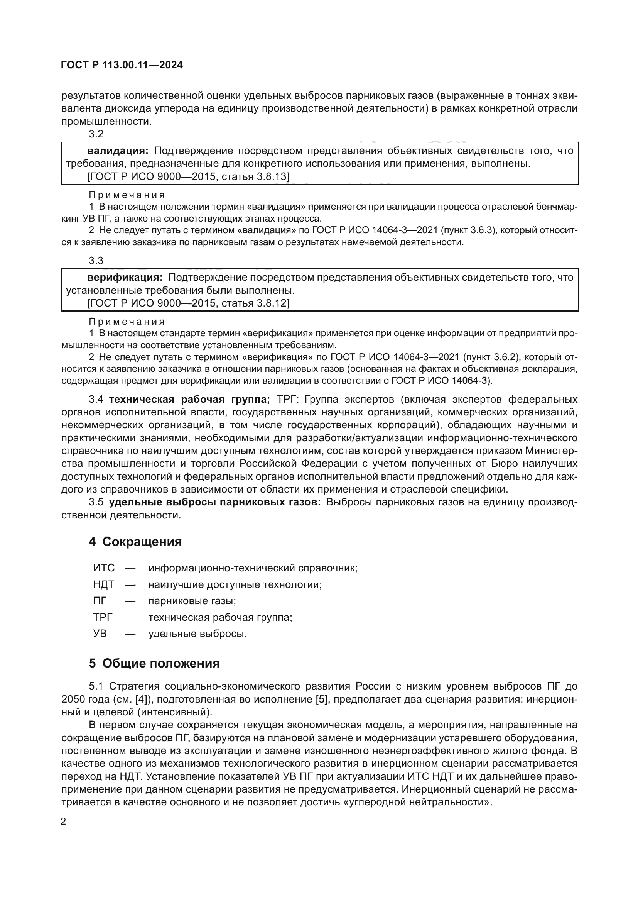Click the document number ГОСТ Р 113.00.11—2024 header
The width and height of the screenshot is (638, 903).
click(x=122, y=65)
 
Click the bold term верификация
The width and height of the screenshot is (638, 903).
click(x=125, y=278)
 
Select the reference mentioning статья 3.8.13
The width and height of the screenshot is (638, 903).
click(x=188, y=176)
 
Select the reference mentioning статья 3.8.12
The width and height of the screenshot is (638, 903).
click(x=188, y=303)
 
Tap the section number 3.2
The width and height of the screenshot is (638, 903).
click(x=96, y=134)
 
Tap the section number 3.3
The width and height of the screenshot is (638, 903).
click(x=96, y=261)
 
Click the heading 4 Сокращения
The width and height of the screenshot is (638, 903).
click(x=135, y=542)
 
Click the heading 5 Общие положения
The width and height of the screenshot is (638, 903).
click(x=154, y=664)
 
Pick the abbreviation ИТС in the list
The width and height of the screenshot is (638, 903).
click(x=104, y=568)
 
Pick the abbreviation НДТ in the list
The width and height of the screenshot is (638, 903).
click(x=104, y=585)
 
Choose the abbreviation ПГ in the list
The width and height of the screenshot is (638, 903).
click(x=100, y=601)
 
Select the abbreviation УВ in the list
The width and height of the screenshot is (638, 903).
click(x=100, y=634)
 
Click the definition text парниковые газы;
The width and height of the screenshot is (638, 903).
click(x=192, y=601)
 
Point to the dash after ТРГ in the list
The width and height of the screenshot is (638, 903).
click(x=130, y=618)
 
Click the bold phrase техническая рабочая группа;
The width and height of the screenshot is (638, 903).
click(x=189, y=400)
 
